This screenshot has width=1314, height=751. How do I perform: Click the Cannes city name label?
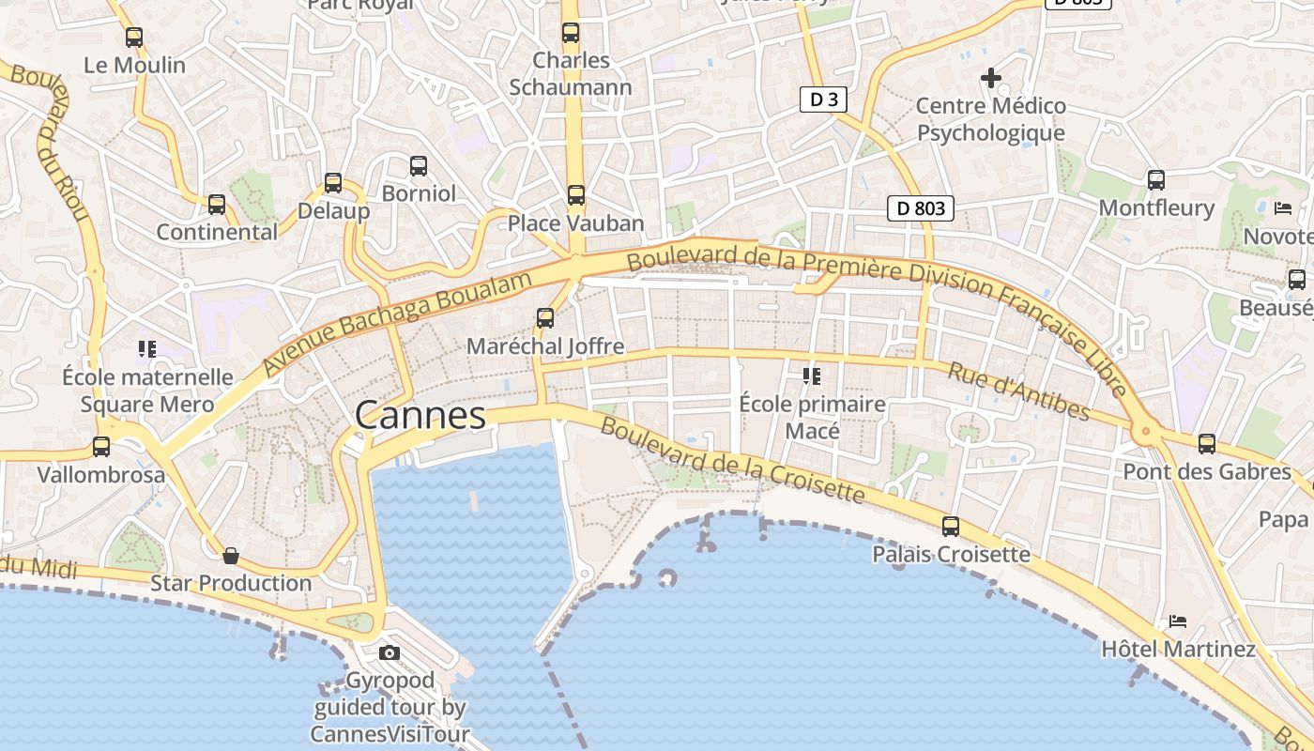pos(420,415)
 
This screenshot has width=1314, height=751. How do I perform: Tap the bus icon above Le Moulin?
pos(134,38)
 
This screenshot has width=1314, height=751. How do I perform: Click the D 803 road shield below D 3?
pos(921,208)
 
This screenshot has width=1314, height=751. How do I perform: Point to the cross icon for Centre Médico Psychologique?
pos(990,78)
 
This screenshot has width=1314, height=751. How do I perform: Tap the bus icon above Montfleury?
pos(1156,180)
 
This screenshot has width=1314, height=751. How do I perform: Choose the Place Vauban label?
pos(575,223)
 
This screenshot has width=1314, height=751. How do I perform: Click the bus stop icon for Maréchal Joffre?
pos(545,318)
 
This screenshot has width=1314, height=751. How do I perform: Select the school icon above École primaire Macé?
pos(812,376)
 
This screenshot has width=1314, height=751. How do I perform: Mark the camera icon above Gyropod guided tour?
pos(390,653)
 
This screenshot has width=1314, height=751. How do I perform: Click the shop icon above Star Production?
pos(231,557)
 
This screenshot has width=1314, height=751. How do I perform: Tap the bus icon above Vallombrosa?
pos(101,447)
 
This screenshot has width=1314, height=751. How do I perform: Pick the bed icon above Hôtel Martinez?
pos(1178,621)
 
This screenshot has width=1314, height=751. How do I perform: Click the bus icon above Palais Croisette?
pos(951,527)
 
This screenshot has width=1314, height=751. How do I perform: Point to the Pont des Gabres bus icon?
pos(1207,443)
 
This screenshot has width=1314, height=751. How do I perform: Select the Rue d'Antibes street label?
pos(1018,391)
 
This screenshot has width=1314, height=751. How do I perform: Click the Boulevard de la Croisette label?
pos(731,461)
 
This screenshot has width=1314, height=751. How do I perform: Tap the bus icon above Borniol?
pos(419,166)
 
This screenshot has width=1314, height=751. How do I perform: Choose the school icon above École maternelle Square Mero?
pos(146,349)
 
